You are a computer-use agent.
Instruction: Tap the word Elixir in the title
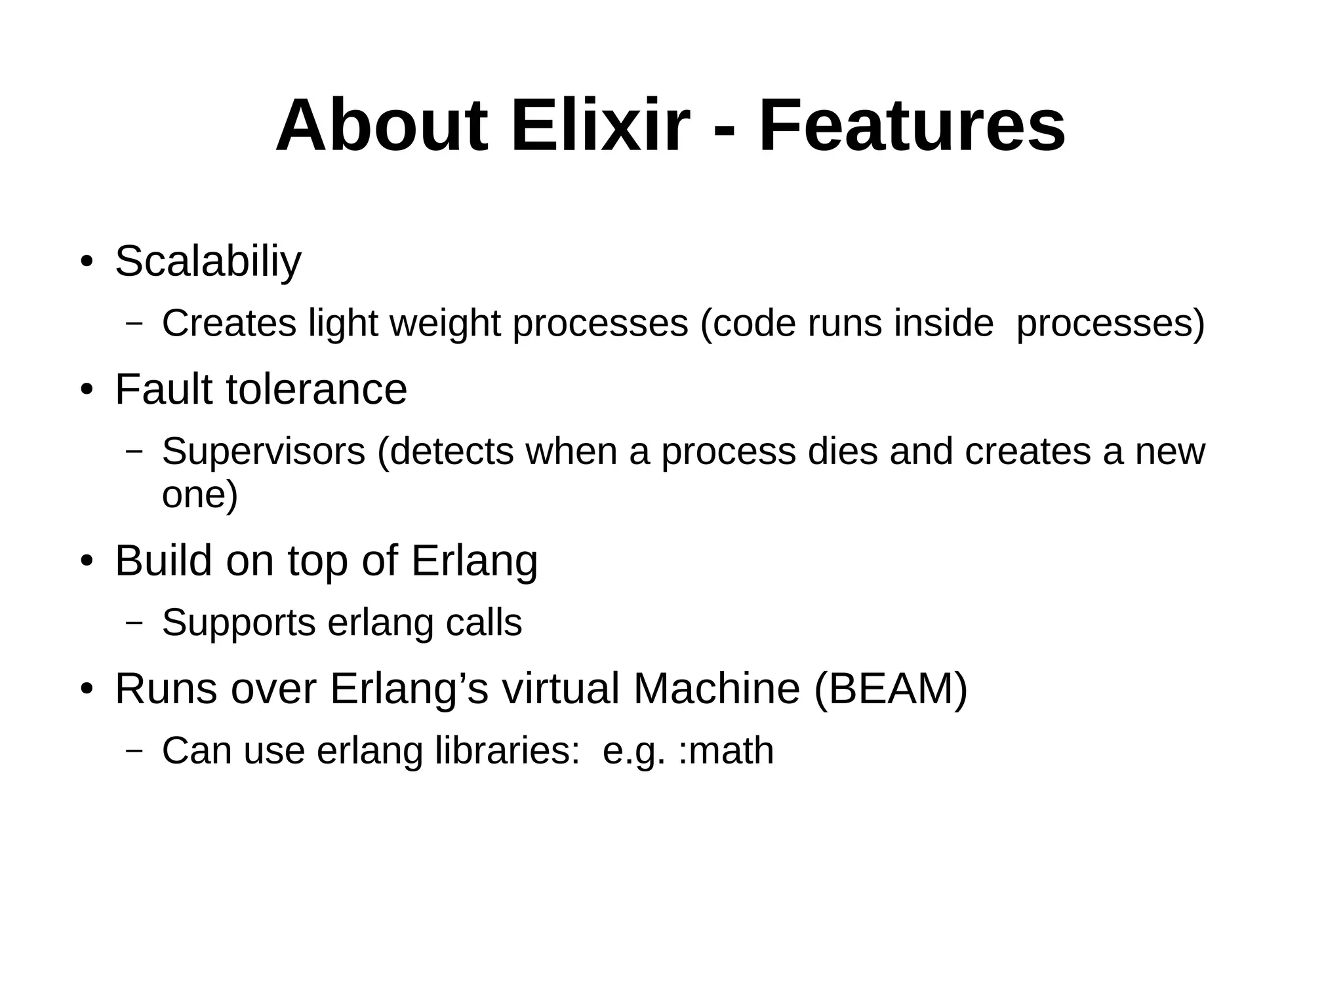click(x=600, y=126)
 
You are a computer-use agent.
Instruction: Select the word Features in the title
click(x=912, y=126)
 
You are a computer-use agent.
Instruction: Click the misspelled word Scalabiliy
click(x=208, y=261)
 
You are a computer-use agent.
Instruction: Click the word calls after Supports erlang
click(x=484, y=623)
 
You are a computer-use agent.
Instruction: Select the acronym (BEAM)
click(x=891, y=689)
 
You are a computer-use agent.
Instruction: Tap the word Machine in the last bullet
click(x=716, y=689)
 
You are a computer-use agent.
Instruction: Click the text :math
click(x=726, y=751)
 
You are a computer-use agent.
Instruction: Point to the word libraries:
click(x=508, y=751)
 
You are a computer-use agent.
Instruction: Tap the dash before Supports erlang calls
click(x=134, y=623)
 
